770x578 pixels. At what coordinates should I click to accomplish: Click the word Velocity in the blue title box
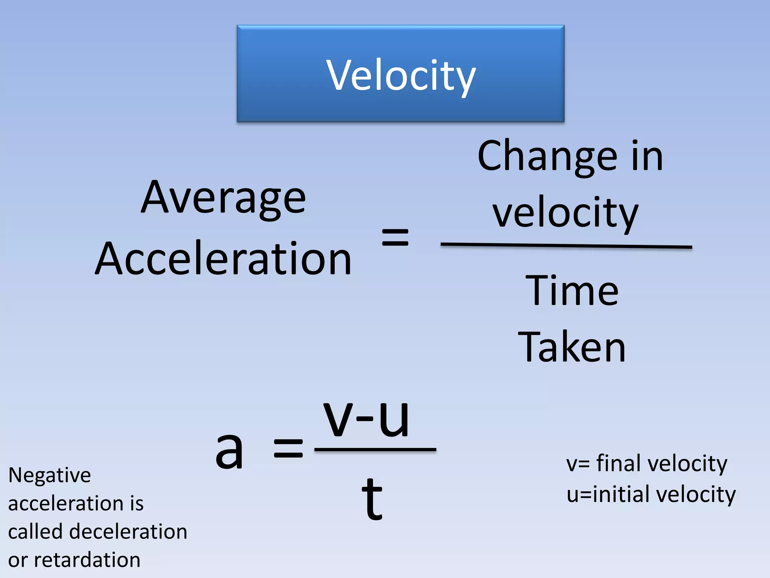pos(401,75)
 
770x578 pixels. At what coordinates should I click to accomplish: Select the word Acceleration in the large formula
pos(223,259)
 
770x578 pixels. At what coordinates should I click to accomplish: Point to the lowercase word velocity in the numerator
pos(565,214)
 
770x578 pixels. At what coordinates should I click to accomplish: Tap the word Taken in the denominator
pos(571,347)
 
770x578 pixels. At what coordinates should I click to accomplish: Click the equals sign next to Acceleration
pos(395,237)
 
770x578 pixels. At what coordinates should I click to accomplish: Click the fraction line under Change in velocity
pos(566,246)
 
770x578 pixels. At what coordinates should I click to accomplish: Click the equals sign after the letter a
pos(288,449)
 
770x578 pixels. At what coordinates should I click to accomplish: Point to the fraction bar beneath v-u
pos(375,449)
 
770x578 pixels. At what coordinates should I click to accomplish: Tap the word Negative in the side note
pos(50,475)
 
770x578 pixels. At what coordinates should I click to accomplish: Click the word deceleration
pos(127,532)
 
